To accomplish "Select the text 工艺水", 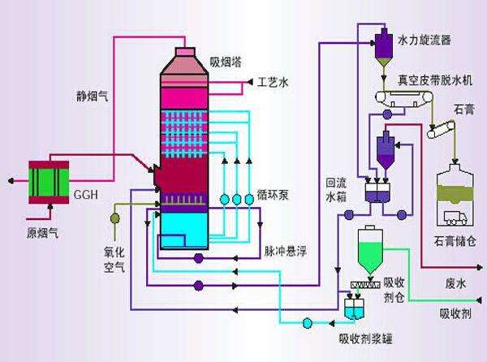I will point(273,82).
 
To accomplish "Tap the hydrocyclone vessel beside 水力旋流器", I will point(383,47).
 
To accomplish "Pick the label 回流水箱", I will point(335,189).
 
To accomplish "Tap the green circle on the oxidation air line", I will point(114,216).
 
